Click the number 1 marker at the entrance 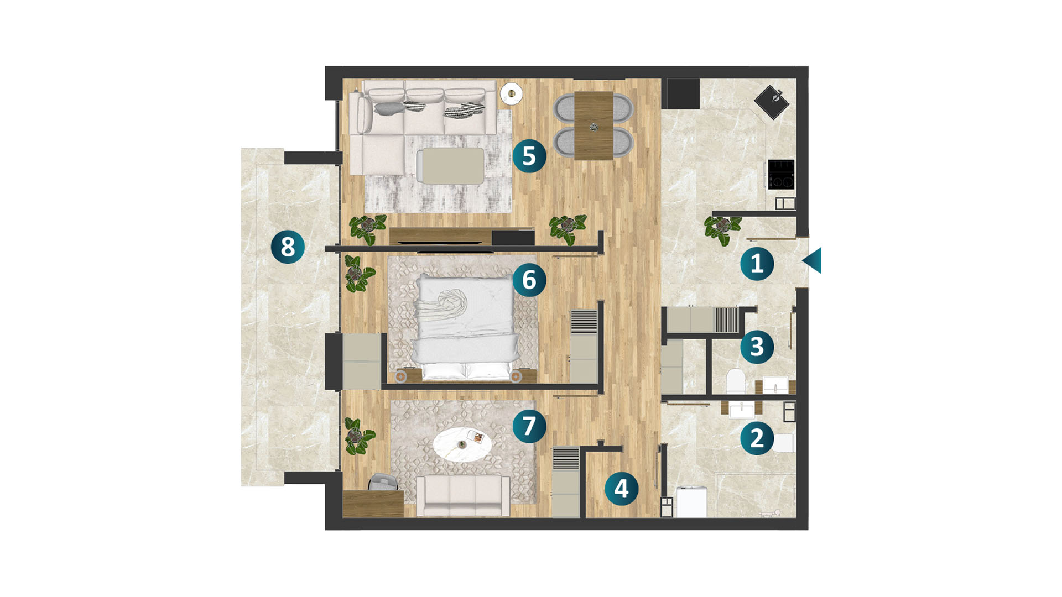click(757, 263)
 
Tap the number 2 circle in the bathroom click(757, 438)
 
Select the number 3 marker click(757, 347)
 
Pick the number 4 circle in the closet click(621, 489)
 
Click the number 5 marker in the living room click(529, 156)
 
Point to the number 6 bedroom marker click(529, 280)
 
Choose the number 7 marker click(529, 426)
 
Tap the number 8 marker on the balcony click(288, 247)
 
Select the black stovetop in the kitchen click(781, 174)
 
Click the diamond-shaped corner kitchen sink click(772, 102)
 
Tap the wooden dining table click(594, 125)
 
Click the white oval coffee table click(462, 444)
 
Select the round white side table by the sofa click(511, 93)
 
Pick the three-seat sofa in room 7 click(463, 495)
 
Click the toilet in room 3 click(736, 381)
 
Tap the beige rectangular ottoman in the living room click(450, 165)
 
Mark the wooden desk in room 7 click(373, 503)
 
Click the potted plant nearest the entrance click(722, 229)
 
